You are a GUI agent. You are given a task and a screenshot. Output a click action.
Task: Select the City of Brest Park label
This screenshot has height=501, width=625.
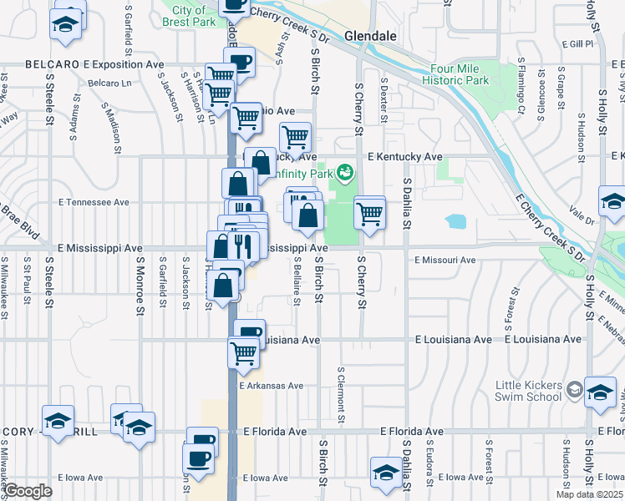click(190, 16)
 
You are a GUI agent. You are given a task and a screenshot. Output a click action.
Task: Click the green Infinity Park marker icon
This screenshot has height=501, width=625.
click(344, 174)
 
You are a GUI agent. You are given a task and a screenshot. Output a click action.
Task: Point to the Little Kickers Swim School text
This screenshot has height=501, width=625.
click(529, 390)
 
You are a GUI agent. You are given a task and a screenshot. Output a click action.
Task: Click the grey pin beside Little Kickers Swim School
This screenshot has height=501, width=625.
click(574, 389)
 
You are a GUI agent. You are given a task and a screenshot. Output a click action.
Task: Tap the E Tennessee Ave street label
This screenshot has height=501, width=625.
click(94, 202)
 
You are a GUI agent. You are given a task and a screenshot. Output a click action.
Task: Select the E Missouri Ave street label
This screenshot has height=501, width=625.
click(445, 260)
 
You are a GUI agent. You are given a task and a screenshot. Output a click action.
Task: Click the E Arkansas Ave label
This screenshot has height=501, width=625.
click(270, 386)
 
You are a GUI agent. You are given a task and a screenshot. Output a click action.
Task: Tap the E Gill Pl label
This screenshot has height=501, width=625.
click(577, 43)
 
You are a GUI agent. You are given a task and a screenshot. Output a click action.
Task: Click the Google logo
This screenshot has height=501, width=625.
click(28, 491)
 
